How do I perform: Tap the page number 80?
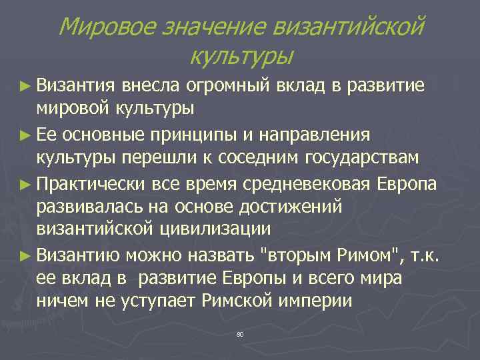pos(240,333)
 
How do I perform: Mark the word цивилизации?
pos(218,230)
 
